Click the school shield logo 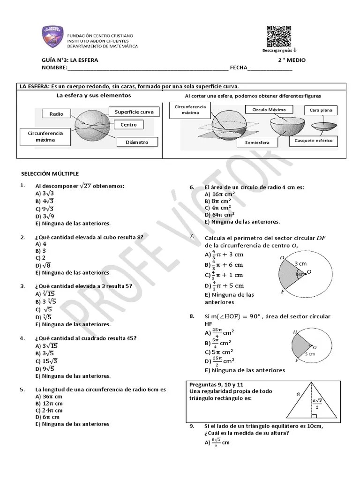click(x=52, y=37)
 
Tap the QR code click(x=278, y=36)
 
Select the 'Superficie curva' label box click(x=134, y=112)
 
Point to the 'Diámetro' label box click(x=137, y=142)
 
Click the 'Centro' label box click(x=128, y=125)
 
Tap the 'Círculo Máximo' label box click(x=269, y=110)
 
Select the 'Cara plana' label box click(x=321, y=111)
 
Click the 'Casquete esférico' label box click(x=313, y=141)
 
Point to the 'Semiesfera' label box click(x=256, y=142)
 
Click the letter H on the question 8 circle click(x=295, y=332)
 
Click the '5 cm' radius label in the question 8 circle click(x=310, y=354)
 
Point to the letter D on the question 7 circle click(x=282, y=257)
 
